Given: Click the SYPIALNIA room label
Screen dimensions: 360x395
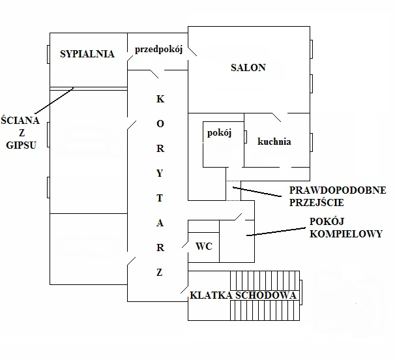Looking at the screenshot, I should coord(87,54).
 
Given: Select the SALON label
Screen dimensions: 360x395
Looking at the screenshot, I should coord(248,68).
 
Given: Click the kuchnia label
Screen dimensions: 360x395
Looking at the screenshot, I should coord(274,141).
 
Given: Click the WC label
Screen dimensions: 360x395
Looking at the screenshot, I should coord(204,247).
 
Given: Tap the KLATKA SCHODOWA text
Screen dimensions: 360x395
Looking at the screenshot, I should coord(243,295).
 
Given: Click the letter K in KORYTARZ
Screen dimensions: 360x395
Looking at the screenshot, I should coord(160,100).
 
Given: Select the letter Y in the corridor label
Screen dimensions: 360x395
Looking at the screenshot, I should coord(160,173).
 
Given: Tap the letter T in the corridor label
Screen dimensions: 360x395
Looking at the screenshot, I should coord(160,197).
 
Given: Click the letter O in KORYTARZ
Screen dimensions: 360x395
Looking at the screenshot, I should coord(160,124).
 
